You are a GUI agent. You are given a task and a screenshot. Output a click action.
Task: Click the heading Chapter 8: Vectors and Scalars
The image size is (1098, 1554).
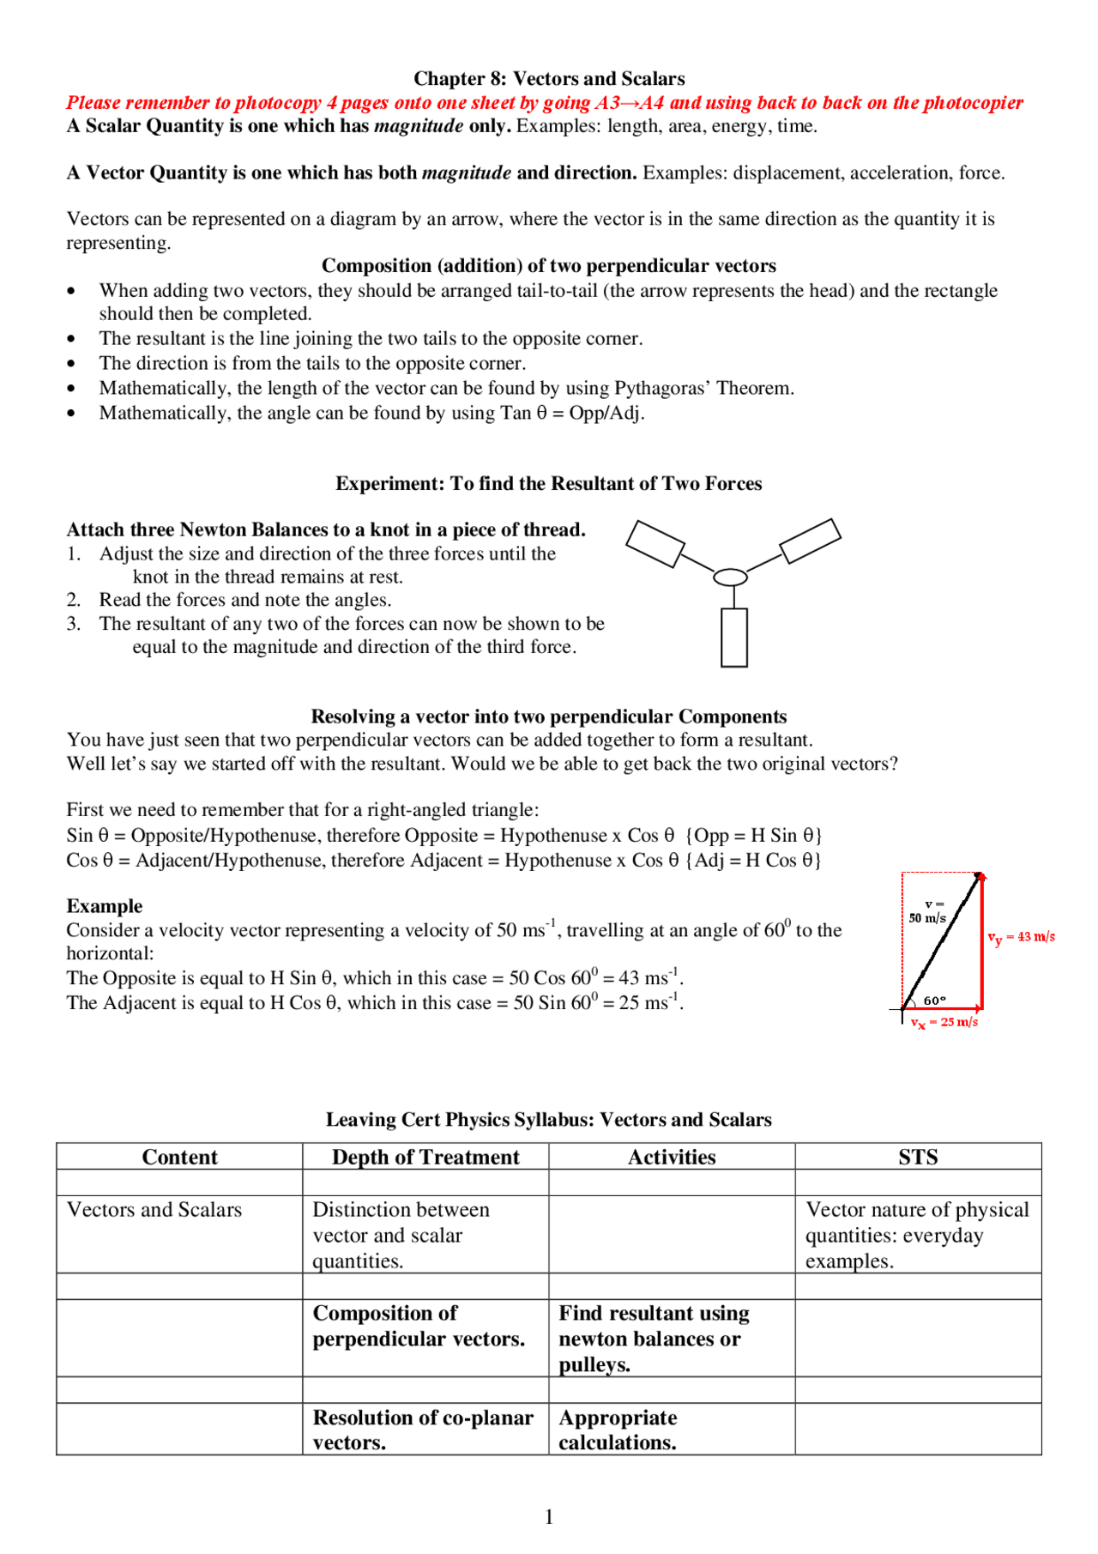click(549, 79)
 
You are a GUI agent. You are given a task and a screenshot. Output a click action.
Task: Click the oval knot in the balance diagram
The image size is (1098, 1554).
click(730, 577)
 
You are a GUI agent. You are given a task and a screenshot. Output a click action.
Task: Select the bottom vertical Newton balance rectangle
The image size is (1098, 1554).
click(733, 638)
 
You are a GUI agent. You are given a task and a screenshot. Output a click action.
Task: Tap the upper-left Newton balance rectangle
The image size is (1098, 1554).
click(655, 544)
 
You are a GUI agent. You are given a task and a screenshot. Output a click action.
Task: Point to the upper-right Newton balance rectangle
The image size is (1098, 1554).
click(810, 541)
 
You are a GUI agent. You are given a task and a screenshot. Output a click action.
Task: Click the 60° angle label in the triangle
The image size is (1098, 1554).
click(935, 1001)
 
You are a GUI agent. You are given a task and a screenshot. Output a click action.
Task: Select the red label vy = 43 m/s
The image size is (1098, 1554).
click(1021, 937)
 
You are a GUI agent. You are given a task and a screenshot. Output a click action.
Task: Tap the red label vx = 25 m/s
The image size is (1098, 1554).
click(944, 1023)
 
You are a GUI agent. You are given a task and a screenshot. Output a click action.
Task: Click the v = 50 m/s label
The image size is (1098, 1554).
click(928, 911)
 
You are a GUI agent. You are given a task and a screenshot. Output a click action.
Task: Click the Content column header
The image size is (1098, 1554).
click(179, 1157)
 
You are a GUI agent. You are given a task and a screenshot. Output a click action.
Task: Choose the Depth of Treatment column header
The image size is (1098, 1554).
click(425, 1157)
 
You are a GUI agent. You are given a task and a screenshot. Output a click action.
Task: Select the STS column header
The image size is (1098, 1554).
click(918, 1157)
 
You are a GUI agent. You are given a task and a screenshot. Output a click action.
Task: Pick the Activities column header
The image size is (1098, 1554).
click(672, 1157)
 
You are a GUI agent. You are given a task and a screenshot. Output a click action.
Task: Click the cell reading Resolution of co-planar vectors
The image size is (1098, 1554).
click(423, 1430)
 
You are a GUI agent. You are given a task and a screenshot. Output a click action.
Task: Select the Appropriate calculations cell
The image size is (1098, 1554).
click(618, 1430)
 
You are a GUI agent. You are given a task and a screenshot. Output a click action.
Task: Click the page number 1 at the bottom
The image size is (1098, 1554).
click(549, 1517)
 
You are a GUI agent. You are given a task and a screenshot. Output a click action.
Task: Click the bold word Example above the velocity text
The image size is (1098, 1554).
click(105, 906)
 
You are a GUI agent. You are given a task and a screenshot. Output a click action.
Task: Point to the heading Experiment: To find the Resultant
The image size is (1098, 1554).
click(549, 484)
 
